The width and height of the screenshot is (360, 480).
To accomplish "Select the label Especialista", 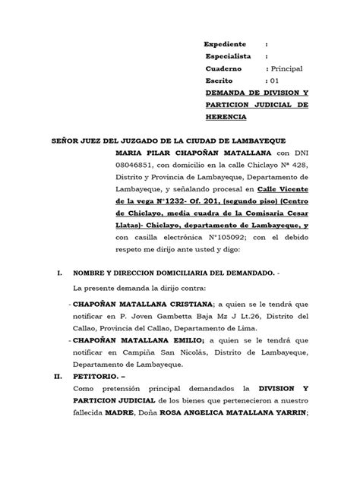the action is tap(230, 57).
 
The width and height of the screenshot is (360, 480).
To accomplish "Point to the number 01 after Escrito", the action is tap(272, 81).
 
